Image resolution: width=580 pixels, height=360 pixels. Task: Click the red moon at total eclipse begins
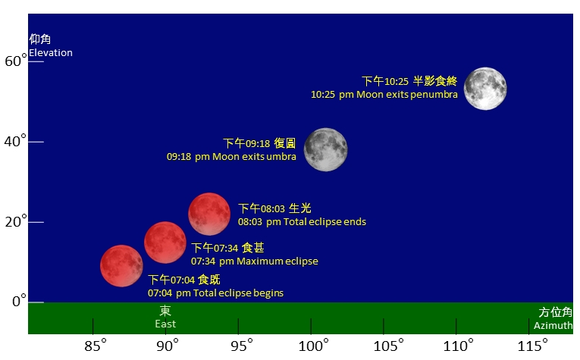coord(121,266)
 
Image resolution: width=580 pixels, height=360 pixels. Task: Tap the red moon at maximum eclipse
coord(165,243)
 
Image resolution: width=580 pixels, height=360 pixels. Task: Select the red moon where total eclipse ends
coord(209,214)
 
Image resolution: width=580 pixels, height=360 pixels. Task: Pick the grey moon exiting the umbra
coord(326,149)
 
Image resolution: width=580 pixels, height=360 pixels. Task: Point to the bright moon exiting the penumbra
coord(485,89)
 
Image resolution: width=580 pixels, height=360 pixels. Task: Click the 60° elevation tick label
coord(16,61)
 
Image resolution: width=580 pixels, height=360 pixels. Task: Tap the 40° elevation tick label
coord(16,142)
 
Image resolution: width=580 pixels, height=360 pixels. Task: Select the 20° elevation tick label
coord(16,222)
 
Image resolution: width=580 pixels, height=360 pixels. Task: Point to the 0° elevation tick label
coord(16,302)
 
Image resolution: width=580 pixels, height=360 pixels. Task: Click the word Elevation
coord(51,53)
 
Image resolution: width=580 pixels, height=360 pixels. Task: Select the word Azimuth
coord(553,325)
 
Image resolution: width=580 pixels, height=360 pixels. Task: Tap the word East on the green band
coord(165,324)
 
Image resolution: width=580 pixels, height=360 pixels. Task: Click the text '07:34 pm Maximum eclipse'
coord(255,261)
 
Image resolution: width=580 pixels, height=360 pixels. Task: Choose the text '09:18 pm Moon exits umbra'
coord(232,157)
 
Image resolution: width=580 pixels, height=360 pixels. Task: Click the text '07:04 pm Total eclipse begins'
coord(216,293)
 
